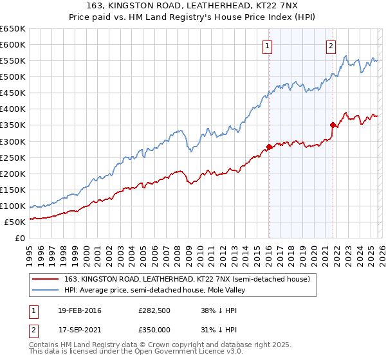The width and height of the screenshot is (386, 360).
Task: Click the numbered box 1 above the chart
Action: click(x=267, y=46)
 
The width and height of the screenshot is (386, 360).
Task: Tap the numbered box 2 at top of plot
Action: click(x=331, y=46)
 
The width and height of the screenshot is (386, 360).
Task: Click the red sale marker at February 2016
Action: click(x=269, y=147)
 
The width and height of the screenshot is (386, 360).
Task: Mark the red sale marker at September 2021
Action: click(x=333, y=125)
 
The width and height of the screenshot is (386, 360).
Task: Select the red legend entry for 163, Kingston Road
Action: click(x=187, y=279)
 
